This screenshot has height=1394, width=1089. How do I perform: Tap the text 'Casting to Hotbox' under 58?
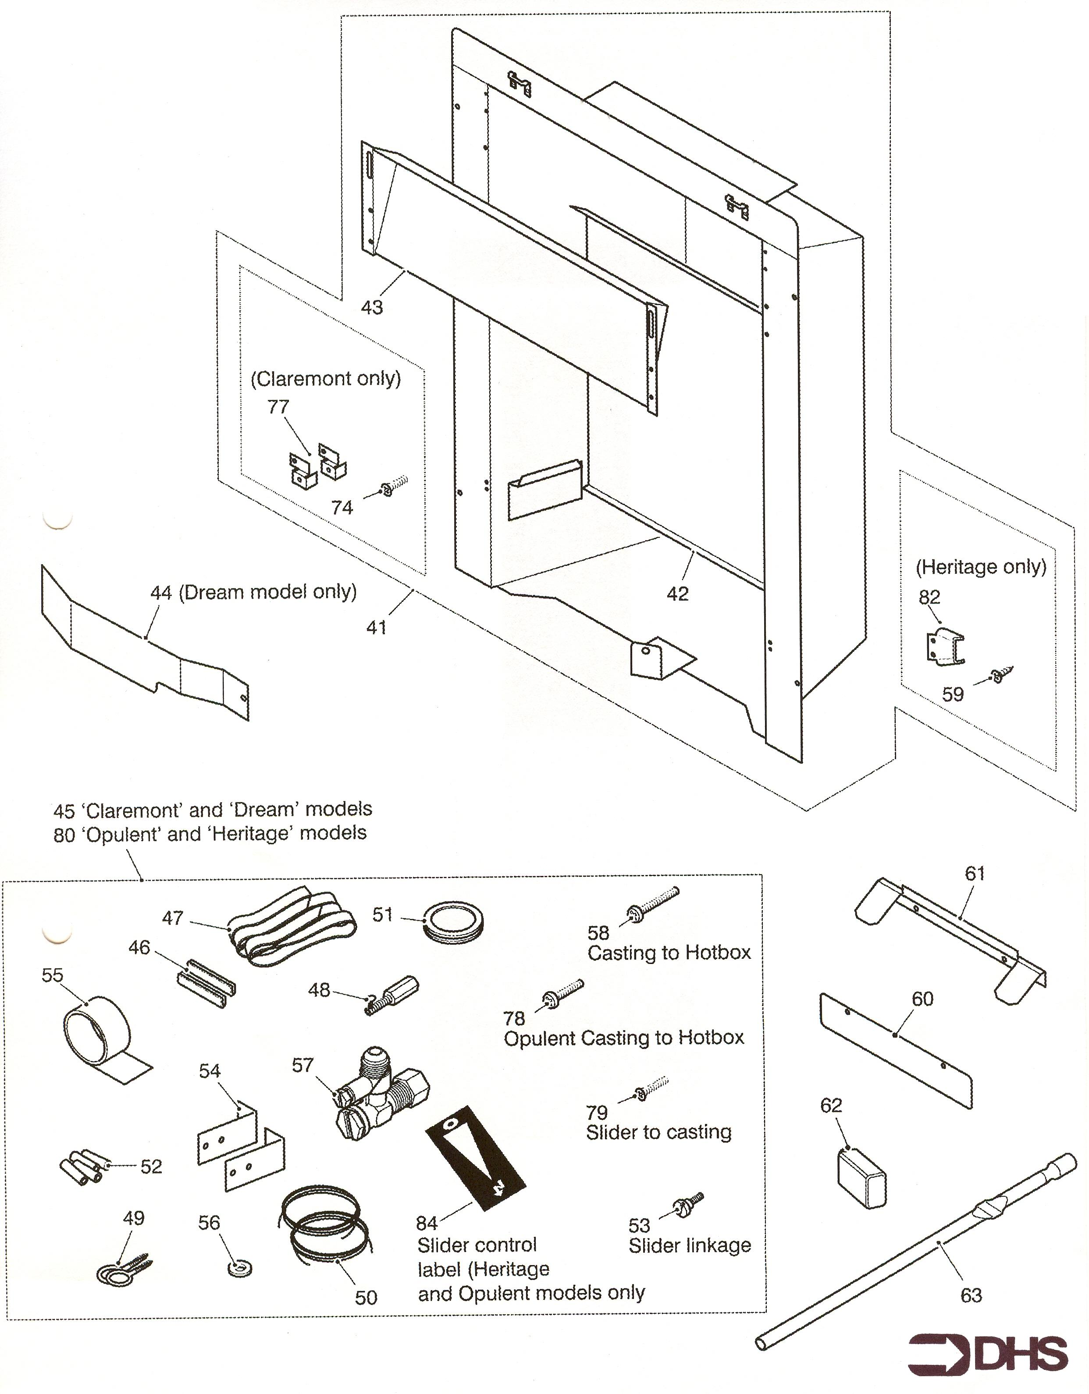pyautogui.click(x=669, y=953)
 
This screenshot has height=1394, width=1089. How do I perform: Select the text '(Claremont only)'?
pyautogui.click(x=326, y=378)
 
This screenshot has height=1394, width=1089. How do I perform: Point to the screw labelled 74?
pyautogui.click(x=393, y=487)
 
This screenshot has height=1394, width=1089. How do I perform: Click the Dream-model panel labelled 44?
pyautogui.click(x=147, y=645)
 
